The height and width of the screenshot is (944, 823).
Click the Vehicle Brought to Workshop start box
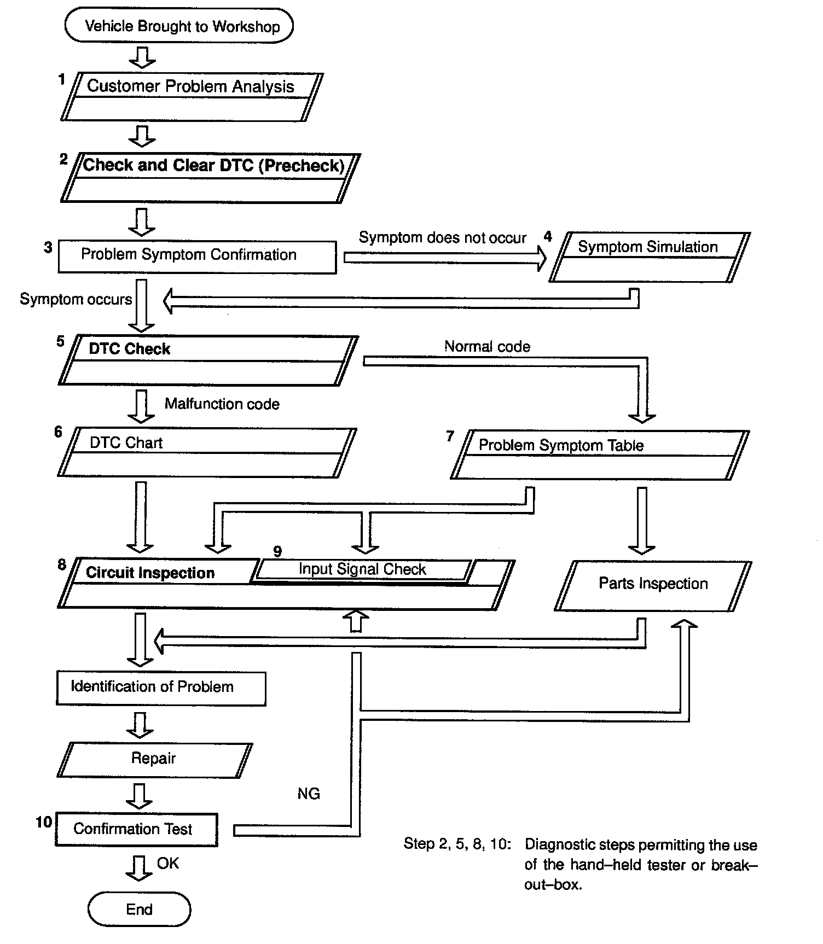click(x=179, y=26)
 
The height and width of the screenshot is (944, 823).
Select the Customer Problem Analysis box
click(x=191, y=96)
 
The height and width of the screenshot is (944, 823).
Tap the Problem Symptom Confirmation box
click(x=197, y=257)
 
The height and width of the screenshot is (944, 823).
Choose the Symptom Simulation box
click(x=649, y=257)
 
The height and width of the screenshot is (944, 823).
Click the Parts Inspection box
click(x=653, y=585)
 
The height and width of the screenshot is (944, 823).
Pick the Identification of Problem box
click(x=161, y=688)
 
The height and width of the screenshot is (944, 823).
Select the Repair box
click(x=154, y=760)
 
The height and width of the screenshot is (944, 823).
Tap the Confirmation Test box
click(x=136, y=830)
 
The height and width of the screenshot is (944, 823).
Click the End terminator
click(x=139, y=909)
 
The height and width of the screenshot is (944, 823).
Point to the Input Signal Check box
click(x=362, y=569)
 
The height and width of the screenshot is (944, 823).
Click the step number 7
click(x=450, y=436)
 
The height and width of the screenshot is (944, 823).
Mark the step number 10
click(x=44, y=822)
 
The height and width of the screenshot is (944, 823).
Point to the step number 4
click(x=547, y=237)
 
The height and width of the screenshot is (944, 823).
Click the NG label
click(x=309, y=794)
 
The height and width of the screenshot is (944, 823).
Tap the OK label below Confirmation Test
click(x=167, y=863)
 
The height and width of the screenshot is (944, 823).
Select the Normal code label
click(x=487, y=346)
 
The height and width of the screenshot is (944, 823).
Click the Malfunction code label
click(x=222, y=404)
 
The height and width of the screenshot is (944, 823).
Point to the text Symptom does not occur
click(x=442, y=237)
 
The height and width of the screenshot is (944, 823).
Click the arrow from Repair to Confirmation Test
click(x=140, y=796)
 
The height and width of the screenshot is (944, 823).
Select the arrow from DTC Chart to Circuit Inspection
click(x=140, y=517)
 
